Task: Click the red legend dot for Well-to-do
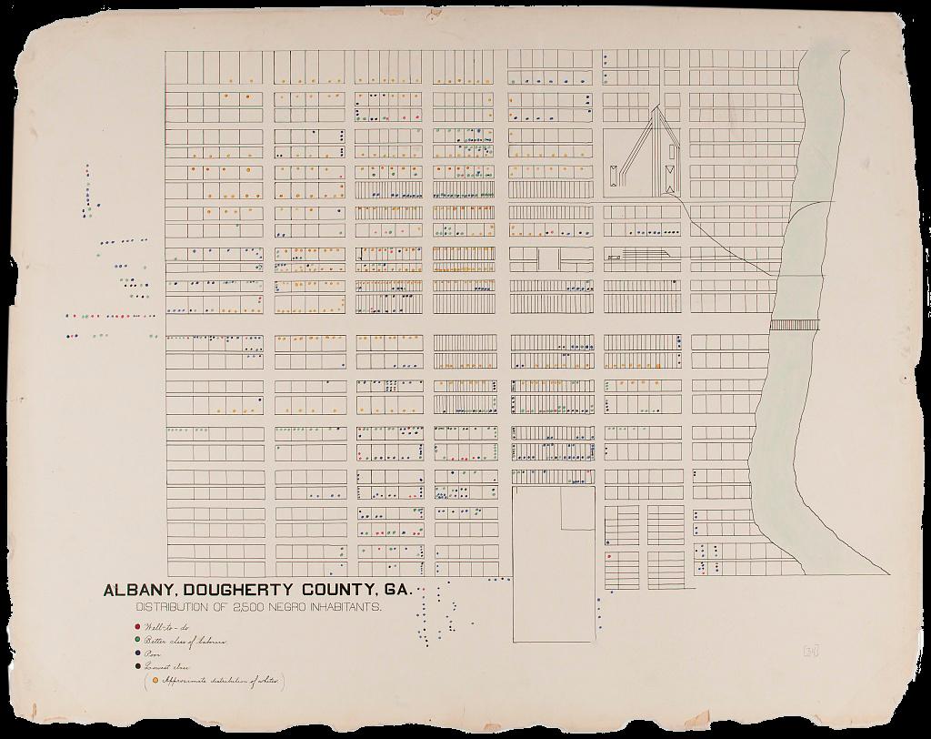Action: tap(136, 626)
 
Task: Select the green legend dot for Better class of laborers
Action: tap(136, 641)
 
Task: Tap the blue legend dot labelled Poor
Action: tap(136, 654)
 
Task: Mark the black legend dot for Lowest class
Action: tap(136, 667)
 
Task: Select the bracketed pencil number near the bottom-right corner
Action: tap(810, 649)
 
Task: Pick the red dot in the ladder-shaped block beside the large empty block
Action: tap(608, 557)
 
